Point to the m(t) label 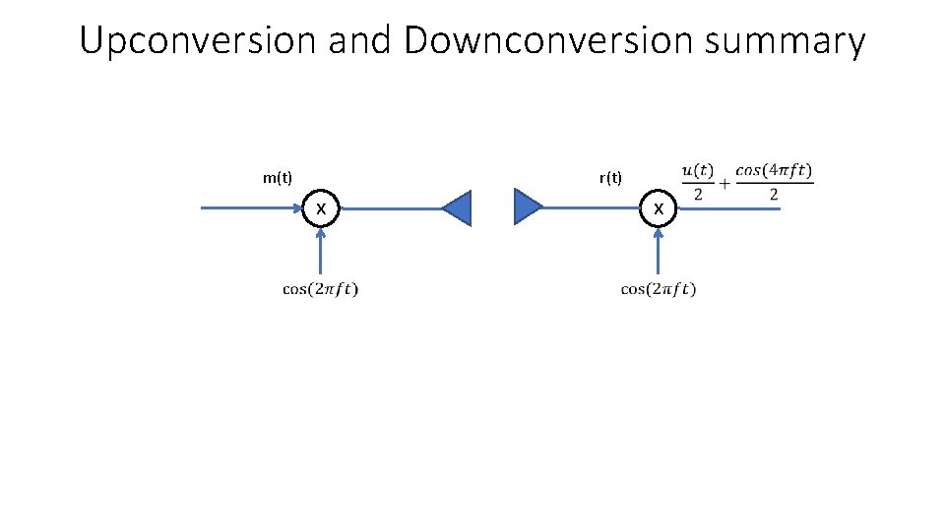click(x=278, y=178)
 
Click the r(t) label click(x=610, y=178)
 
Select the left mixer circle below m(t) click(x=321, y=208)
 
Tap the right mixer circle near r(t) click(x=659, y=208)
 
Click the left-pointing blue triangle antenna click(x=458, y=208)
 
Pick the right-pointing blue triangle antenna click(x=528, y=208)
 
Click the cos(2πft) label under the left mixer click(x=321, y=289)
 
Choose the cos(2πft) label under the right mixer click(x=659, y=289)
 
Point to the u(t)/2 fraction click(x=698, y=182)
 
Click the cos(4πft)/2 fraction click(x=774, y=182)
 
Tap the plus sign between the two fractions click(x=724, y=183)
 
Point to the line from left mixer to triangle click(x=389, y=208)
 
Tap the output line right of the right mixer click(x=728, y=208)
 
